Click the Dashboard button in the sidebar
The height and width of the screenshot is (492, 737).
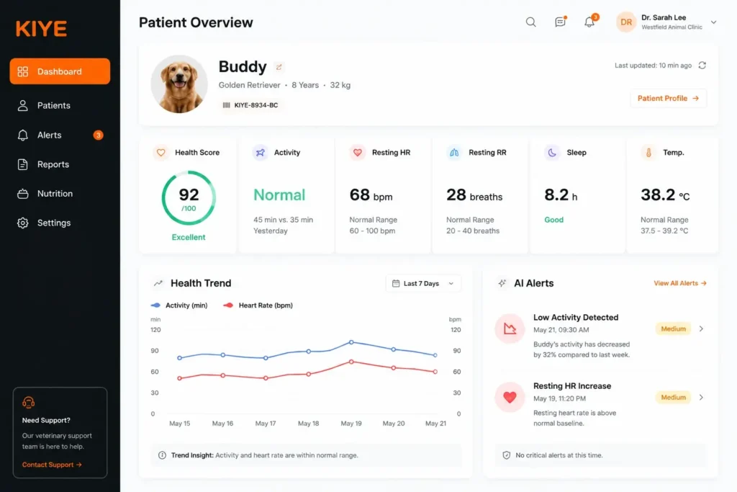tap(60, 71)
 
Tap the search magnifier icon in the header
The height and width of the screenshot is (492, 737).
tap(530, 22)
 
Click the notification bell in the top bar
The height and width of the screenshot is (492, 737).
tap(589, 22)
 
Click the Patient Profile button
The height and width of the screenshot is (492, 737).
tap(668, 98)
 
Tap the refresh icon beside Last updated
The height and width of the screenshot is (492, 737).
tap(702, 66)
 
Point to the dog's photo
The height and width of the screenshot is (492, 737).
tap(179, 84)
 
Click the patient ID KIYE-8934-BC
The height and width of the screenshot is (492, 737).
tap(256, 105)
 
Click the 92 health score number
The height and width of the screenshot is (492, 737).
tap(189, 194)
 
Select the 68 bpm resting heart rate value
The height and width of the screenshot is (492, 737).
tap(371, 194)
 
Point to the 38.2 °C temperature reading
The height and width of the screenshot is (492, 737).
tap(665, 194)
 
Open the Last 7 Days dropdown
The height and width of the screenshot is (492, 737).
tap(423, 284)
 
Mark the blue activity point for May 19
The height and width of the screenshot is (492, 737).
tap(351, 342)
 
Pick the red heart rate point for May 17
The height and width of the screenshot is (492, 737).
tap(266, 378)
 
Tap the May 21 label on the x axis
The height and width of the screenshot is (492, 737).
tap(435, 424)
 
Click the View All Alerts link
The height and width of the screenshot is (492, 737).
tap(680, 283)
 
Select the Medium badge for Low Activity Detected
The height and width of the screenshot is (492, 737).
tap(673, 328)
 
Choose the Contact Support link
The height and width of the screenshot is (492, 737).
tap(52, 465)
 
